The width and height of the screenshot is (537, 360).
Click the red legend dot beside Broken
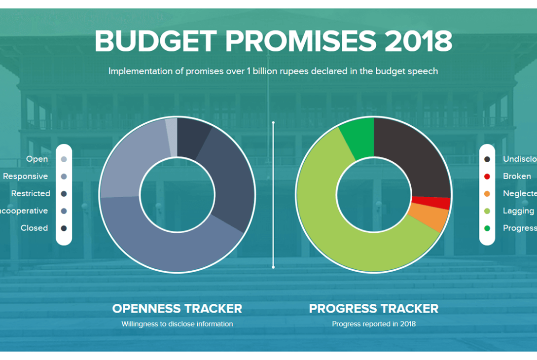point(487,177)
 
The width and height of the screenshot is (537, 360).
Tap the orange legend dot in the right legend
point(487,194)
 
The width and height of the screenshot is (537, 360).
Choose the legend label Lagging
point(518,211)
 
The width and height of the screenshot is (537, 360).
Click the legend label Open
point(37,159)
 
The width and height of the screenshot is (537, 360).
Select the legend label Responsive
point(26,177)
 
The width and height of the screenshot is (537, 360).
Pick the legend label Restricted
point(31,194)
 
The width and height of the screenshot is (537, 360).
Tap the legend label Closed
point(34,228)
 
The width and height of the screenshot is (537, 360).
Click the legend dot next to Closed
point(64,228)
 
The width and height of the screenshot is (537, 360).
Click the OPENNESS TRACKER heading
point(177,309)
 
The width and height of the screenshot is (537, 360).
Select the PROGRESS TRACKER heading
point(373,309)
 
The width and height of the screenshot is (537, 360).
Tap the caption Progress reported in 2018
point(373,324)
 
